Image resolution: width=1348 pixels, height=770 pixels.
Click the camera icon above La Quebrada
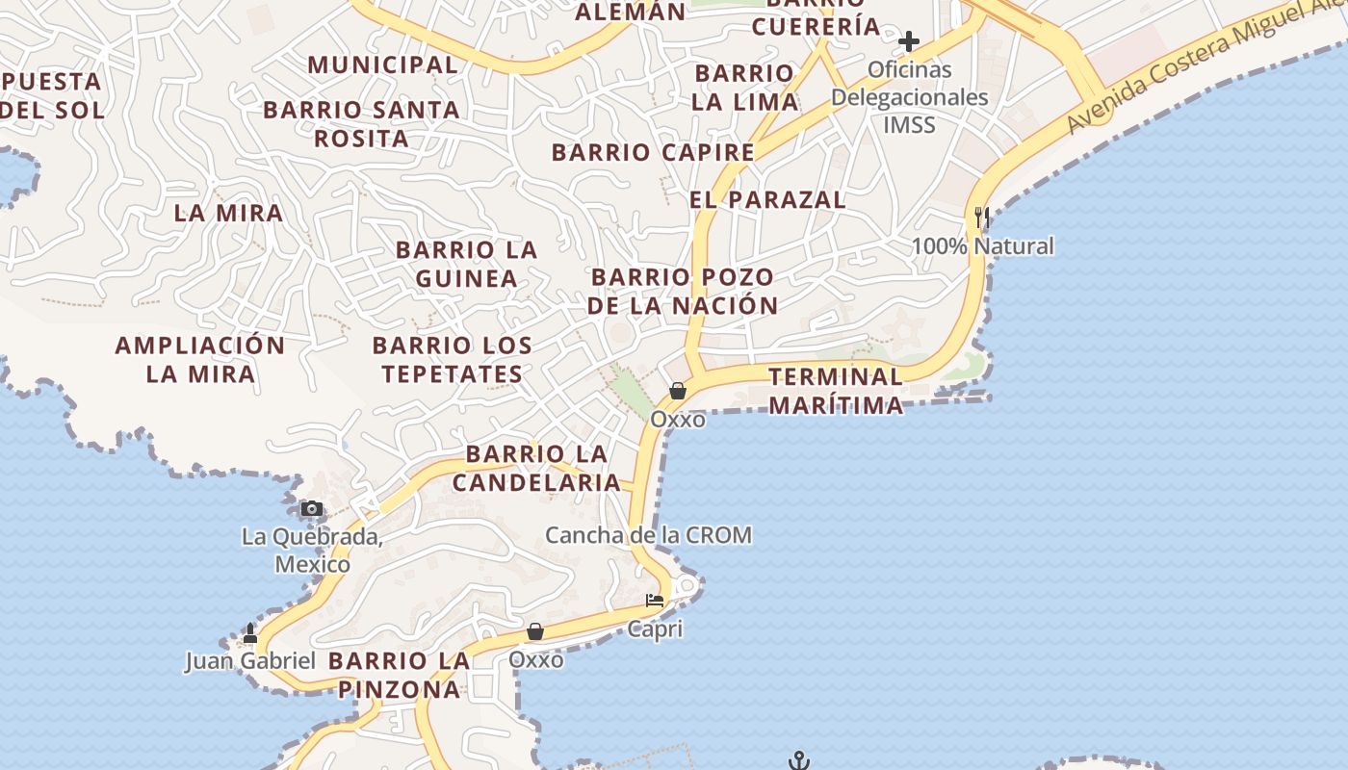(311, 509)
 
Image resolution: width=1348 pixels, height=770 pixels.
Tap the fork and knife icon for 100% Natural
(982, 218)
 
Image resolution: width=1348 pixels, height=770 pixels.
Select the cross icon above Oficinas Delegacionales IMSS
(908, 41)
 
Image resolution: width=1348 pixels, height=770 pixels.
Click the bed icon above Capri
(655, 601)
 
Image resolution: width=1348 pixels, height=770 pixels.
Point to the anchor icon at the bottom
(798, 761)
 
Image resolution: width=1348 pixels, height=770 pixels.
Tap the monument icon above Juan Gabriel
(250, 633)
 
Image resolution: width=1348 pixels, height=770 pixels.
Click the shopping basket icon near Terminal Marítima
(678, 391)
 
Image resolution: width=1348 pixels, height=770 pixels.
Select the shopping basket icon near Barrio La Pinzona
(535, 631)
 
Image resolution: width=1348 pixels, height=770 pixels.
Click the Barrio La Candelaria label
(536, 468)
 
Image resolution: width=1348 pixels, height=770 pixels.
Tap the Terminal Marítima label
(836, 391)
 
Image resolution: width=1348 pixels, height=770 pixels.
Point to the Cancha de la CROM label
(648, 535)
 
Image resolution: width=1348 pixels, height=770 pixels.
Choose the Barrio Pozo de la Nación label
(683, 292)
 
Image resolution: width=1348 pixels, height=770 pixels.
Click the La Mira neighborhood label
(229, 213)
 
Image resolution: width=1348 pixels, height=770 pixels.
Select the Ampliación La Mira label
(200, 359)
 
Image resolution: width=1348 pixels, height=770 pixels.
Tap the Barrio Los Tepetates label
(453, 359)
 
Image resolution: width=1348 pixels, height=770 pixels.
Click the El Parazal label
(767, 199)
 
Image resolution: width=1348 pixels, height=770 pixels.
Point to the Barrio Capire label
(653, 152)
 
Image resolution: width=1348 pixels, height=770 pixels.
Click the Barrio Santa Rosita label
(362, 123)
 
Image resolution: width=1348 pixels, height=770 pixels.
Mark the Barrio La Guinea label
(467, 264)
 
